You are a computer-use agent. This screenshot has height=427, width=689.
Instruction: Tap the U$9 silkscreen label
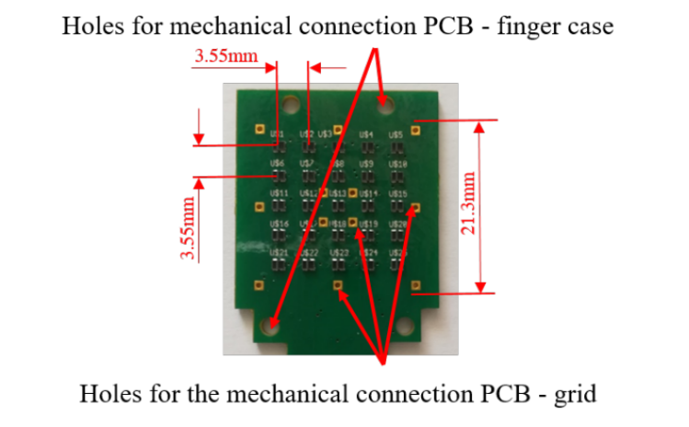366,164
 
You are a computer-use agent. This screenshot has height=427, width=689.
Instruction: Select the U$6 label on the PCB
277,164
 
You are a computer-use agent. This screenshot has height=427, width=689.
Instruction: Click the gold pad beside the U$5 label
417,129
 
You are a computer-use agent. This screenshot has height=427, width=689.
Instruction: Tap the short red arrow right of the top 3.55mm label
327,66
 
